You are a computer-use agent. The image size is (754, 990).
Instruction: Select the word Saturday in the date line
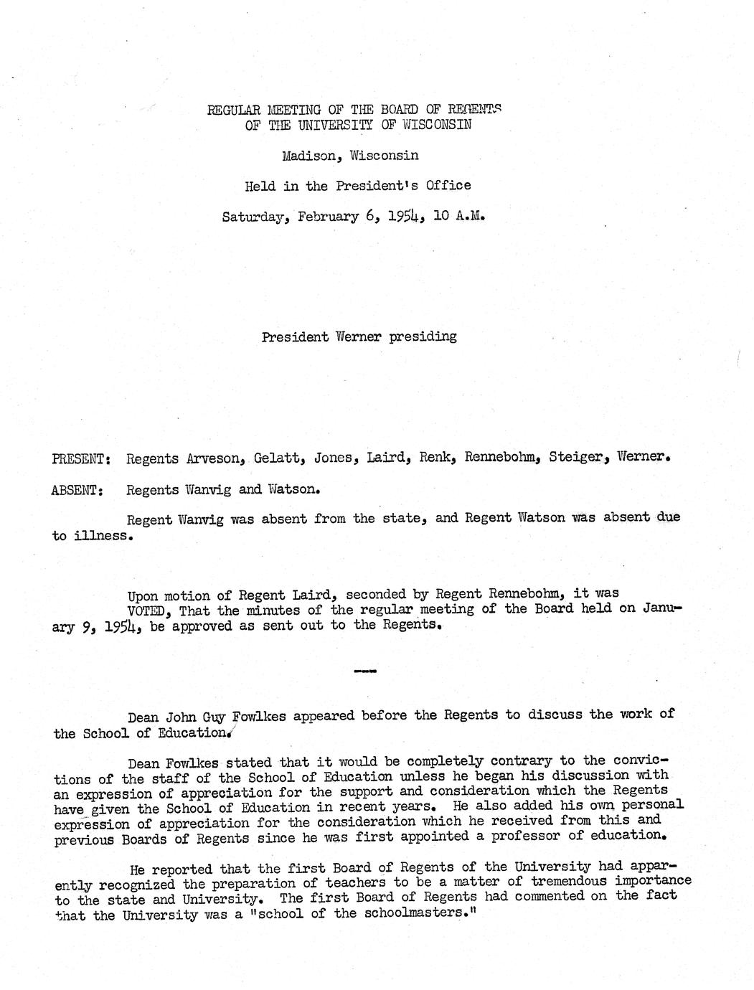tap(251, 217)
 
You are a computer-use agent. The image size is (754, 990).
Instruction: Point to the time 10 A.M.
tap(459, 215)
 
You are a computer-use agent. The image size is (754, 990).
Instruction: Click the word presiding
tap(423, 336)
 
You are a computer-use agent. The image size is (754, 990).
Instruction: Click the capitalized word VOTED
tap(150, 610)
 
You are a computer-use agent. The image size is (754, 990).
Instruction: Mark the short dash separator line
tap(365, 671)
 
